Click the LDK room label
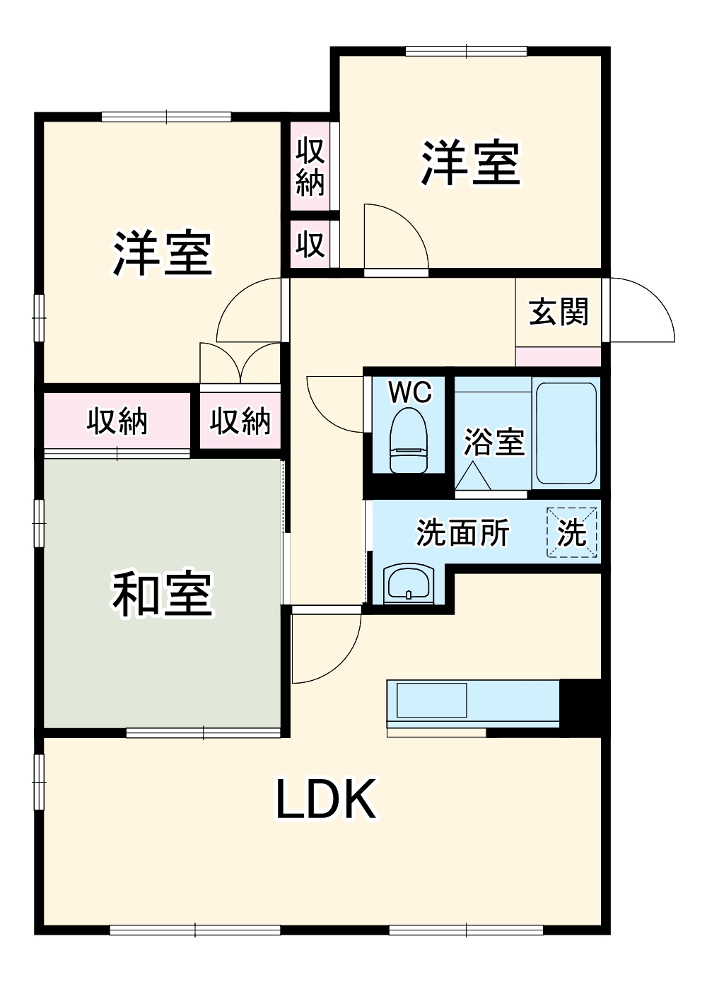point(325,799)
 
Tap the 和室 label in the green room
point(162,594)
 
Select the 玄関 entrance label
point(559,312)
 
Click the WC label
point(410,392)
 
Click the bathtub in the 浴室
point(566,433)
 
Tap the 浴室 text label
point(493,442)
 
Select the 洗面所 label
point(463,532)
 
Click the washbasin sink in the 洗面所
point(409,584)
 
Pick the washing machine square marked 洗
point(572,532)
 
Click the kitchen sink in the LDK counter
point(431,700)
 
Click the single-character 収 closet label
point(310,244)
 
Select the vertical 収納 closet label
point(310,167)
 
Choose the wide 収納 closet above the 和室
point(117,421)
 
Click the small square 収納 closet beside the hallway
point(240,421)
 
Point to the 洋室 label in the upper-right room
point(470,164)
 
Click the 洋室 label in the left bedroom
point(163,253)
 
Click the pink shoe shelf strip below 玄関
point(559,356)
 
